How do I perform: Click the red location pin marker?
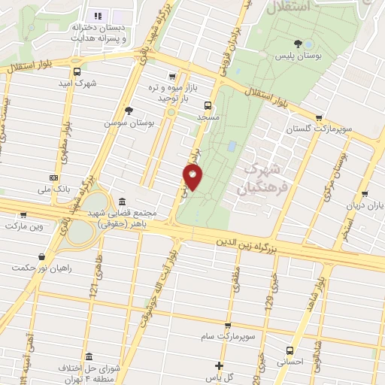tap(193, 177)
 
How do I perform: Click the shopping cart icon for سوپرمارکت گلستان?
tap(321, 117)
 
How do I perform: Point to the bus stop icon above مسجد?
tap(208, 106)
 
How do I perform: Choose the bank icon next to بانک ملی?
tap(53, 177)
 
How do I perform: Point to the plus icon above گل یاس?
tap(219, 365)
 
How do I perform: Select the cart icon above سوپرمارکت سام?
tap(227, 326)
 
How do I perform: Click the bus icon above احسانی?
tap(290, 350)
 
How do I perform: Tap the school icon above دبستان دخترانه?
tap(97, 15)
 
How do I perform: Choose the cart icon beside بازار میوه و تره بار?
tap(174, 76)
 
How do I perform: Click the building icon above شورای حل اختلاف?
tap(89, 356)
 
